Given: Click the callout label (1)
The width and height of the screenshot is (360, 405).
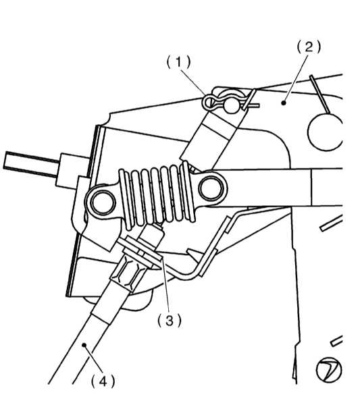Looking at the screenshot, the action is (x=178, y=62).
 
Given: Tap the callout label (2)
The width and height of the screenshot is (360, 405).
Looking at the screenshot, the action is (x=309, y=47).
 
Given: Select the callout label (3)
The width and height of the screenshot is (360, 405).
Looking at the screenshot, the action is (x=170, y=321).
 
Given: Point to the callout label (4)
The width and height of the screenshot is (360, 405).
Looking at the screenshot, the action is (x=103, y=381).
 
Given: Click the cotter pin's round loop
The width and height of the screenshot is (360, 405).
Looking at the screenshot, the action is (x=208, y=102).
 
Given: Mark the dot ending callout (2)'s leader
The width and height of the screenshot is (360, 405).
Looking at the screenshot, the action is (x=284, y=103).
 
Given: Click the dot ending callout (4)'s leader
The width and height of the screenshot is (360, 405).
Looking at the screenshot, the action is (x=84, y=345).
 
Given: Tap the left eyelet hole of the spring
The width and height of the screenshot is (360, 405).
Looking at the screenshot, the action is (x=103, y=202).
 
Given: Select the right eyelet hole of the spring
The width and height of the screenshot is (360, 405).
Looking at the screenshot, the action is (x=211, y=188).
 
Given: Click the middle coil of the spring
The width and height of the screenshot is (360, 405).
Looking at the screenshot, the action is (x=156, y=195).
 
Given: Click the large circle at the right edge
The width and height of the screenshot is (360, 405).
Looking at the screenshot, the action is (x=325, y=132).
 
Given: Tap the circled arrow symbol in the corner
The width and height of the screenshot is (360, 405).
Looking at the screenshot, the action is (x=329, y=369).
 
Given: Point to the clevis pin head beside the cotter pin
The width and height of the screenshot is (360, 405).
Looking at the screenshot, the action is (x=232, y=105).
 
